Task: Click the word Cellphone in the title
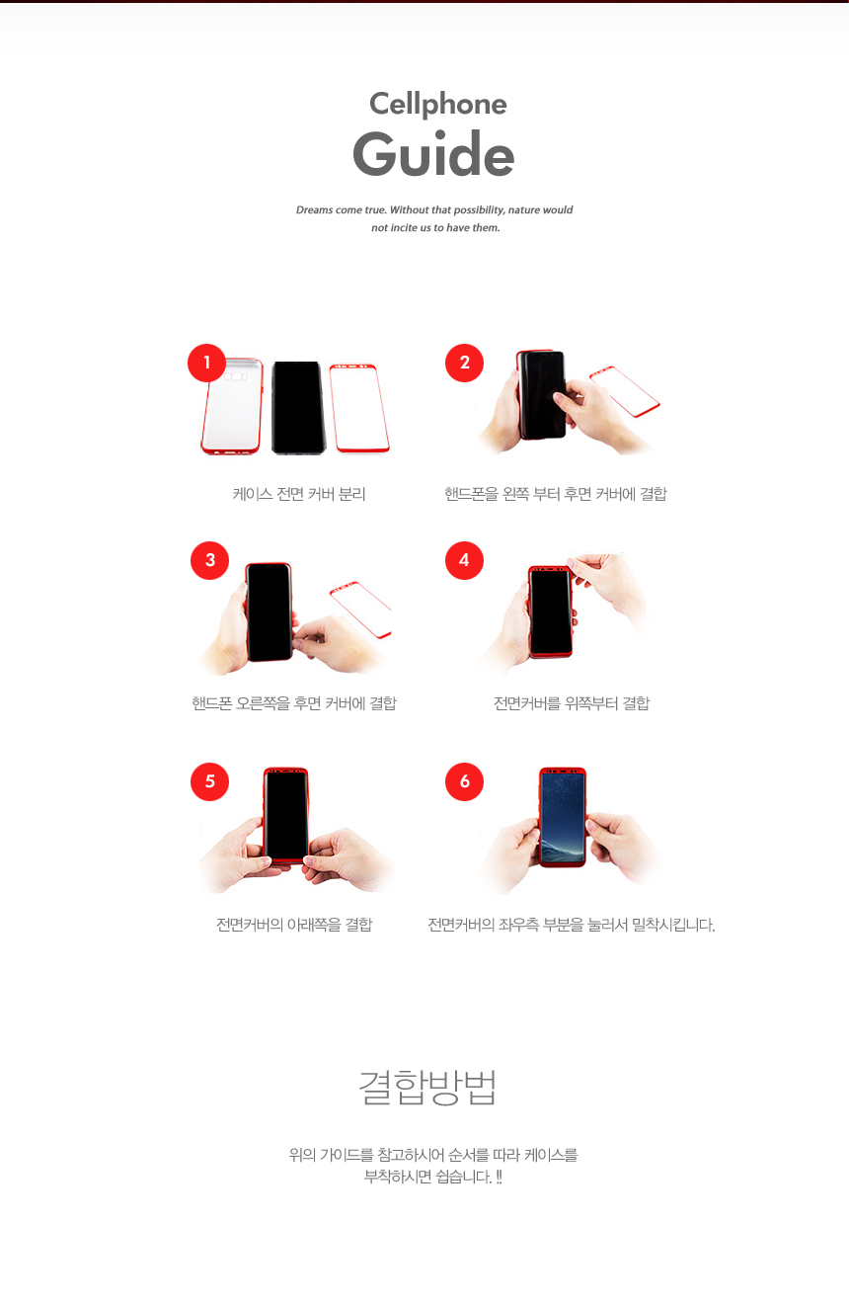437,104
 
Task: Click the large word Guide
433,155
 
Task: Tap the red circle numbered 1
207,363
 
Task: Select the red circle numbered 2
464,363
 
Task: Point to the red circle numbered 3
209,560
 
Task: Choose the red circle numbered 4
464,560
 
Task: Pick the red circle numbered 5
209,781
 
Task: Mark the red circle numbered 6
464,781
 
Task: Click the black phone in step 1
297,407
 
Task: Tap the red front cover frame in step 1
358,408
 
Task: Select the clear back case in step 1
232,407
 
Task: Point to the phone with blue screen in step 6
562,817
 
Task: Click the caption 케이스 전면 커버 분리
299,494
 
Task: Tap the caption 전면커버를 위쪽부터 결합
572,703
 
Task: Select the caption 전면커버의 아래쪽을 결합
294,925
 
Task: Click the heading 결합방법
427,1087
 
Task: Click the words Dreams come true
341,210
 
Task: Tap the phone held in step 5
286,815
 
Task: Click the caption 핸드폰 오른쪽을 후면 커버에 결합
294,703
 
